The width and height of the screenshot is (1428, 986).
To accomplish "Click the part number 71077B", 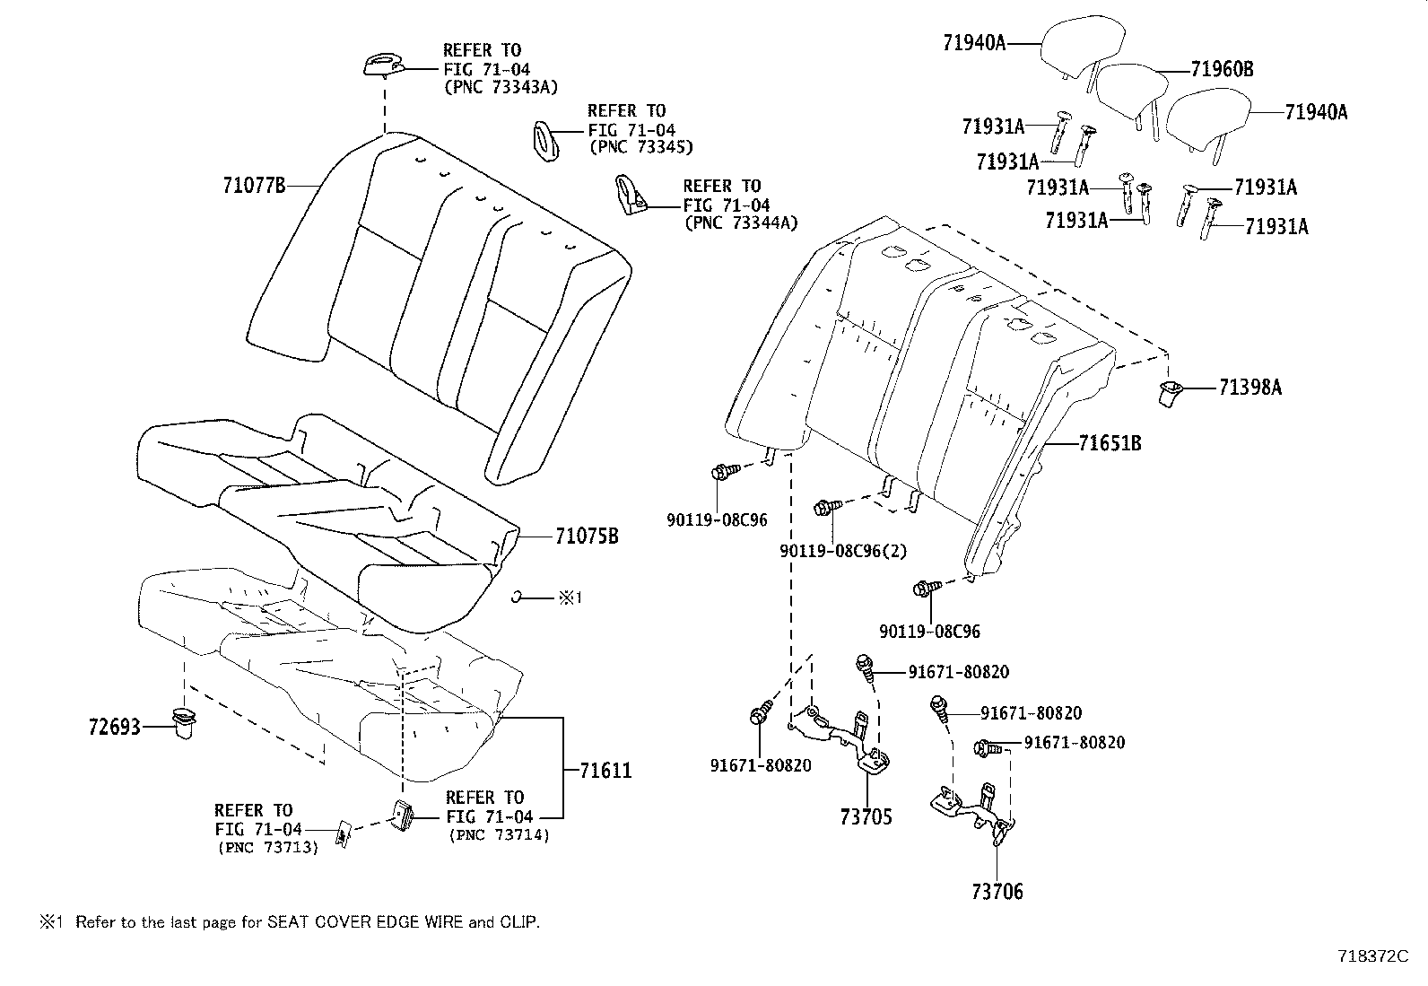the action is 255,186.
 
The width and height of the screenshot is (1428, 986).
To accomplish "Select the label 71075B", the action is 587,537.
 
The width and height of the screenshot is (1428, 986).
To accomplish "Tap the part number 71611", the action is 605,771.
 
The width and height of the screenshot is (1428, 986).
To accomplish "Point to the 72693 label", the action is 115,727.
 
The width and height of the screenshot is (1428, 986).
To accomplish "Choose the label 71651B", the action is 1110,442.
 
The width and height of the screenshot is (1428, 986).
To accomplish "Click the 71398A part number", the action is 1250,387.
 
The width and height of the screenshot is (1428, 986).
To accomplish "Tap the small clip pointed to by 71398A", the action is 1169,394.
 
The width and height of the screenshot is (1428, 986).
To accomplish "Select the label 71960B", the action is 1222,69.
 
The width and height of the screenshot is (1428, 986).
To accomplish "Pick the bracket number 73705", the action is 866,816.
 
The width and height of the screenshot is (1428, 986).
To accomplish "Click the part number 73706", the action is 997,891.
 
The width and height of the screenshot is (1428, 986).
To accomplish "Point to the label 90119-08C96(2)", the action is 843,550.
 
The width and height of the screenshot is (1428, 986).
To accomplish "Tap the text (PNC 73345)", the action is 640,147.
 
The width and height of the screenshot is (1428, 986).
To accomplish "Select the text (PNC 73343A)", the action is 501,87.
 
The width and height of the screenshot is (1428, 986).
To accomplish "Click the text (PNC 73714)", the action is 499,835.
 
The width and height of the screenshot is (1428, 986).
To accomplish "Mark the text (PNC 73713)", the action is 267,848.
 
